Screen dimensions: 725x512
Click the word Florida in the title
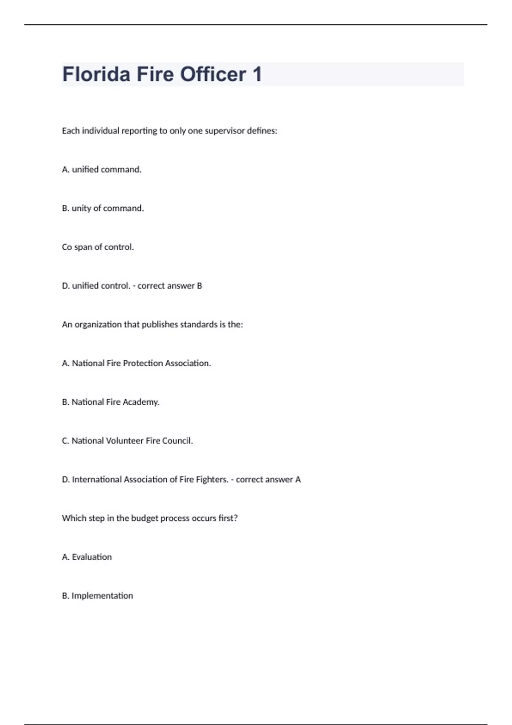click(96, 74)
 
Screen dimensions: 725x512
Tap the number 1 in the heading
click(257, 74)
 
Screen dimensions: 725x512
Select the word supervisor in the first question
click(224, 131)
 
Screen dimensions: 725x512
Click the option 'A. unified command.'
click(102, 170)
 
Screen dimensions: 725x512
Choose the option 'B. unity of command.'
click(103, 209)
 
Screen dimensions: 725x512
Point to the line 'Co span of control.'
click(98, 247)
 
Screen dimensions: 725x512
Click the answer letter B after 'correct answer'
click(199, 286)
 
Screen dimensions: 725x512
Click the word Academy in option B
click(141, 402)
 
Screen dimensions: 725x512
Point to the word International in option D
click(97, 480)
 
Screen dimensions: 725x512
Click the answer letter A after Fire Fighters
click(298, 480)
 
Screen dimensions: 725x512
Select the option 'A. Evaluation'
click(87, 557)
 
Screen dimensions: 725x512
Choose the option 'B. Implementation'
click(97, 596)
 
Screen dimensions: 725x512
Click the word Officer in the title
click(213, 74)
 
